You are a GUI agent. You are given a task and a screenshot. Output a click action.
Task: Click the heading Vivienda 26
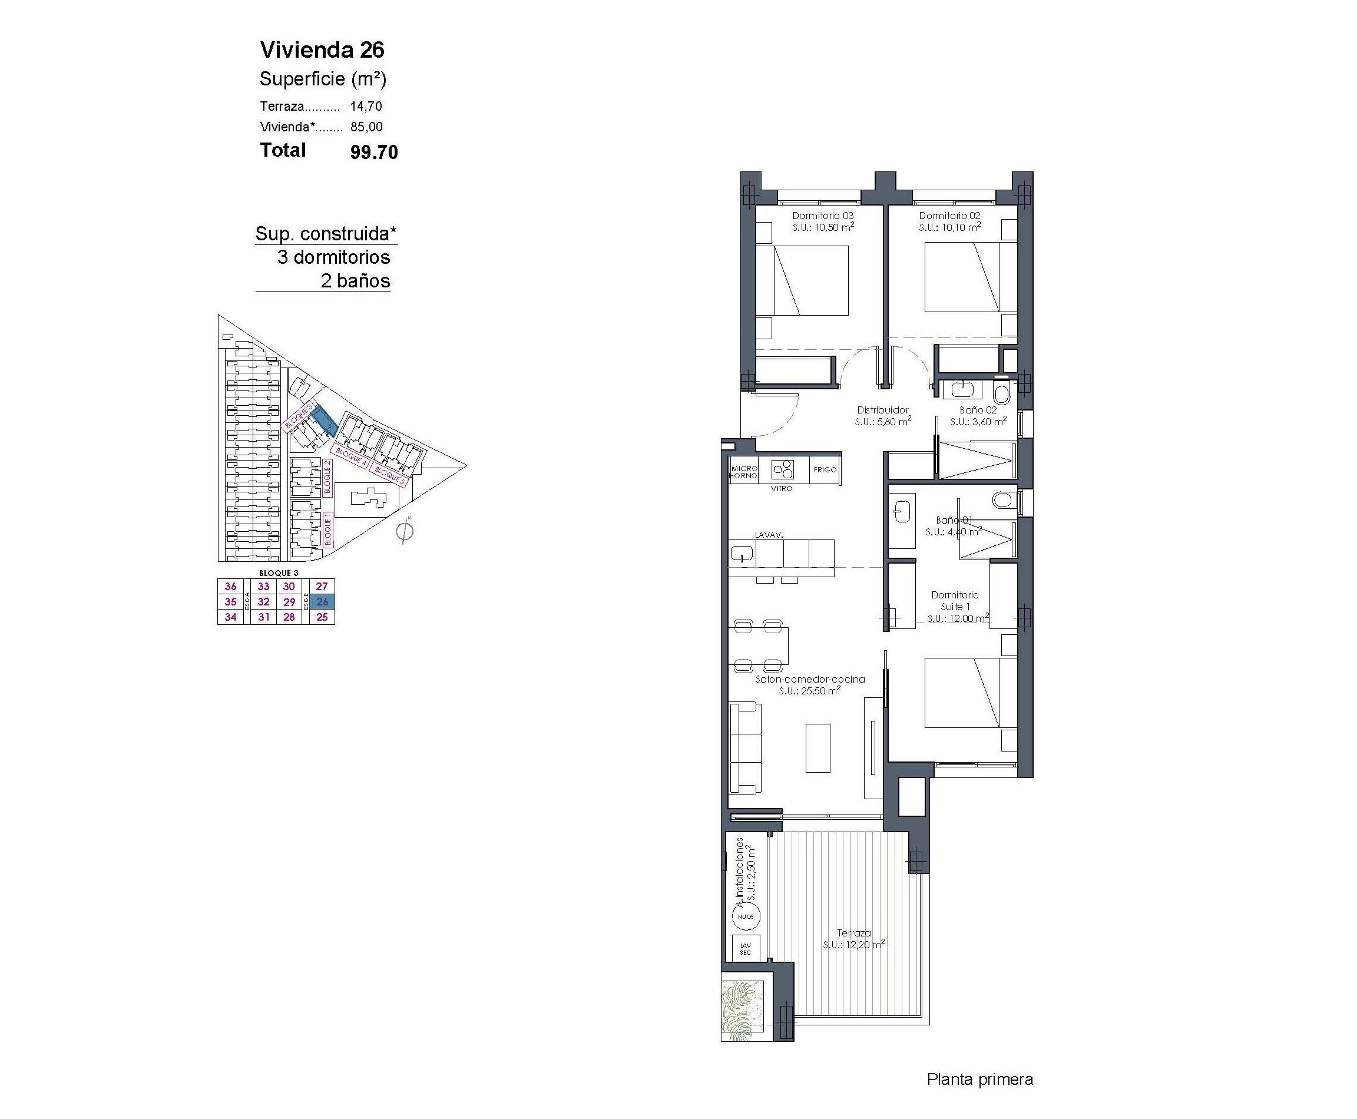coord(322,49)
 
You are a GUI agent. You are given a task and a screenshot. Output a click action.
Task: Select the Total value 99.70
coord(373,152)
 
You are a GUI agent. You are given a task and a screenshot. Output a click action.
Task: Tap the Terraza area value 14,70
coord(366,107)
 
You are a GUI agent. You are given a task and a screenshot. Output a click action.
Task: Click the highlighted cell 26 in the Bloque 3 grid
coord(322,601)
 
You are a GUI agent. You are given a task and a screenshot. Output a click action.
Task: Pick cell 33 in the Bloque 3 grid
coord(263,586)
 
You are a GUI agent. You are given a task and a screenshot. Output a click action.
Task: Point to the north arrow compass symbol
coord(404,531)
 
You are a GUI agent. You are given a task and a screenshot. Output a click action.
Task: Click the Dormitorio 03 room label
coord(823,216)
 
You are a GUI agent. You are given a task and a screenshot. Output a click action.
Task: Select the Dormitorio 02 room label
coord(949,216)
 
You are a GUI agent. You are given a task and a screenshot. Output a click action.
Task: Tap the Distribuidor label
coord(882,410)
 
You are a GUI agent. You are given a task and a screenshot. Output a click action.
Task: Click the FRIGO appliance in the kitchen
coord(825,470)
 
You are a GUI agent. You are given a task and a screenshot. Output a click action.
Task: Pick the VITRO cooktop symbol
coord(783,469)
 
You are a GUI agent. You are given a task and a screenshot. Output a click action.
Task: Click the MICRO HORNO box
coord(743,471)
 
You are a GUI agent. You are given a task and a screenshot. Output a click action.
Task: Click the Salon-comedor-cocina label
coord(809,678)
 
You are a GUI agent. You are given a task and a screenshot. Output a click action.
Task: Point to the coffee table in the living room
coord(817,748)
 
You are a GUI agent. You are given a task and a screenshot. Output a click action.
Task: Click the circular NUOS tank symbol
coord(746,916)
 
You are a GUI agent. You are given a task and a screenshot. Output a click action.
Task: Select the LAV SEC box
coord(745,948)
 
